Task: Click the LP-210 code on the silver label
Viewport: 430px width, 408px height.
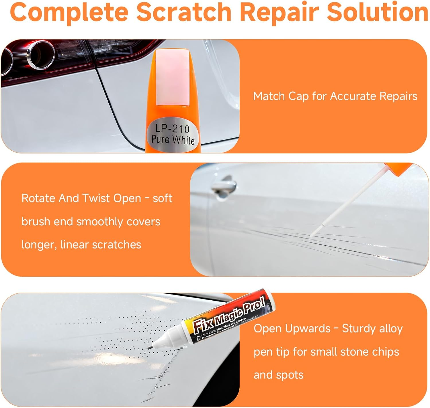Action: pos(172,129)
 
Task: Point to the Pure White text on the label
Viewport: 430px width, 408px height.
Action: pos(173,140)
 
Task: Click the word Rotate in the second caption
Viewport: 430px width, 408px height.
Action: pos(38,198)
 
